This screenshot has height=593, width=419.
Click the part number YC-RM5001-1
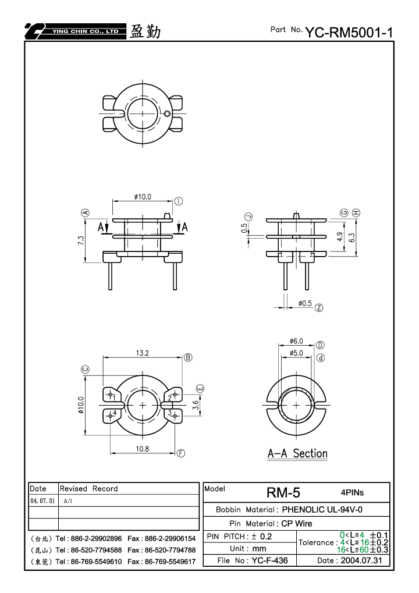pos(349,33)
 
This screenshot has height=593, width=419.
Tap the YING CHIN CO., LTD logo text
pos(86,31)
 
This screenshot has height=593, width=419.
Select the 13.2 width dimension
pos(143,353)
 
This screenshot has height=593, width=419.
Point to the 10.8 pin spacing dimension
pos(143,449)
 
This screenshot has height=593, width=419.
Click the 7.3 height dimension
pos(81,240)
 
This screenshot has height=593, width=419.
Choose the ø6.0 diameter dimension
pos(296,341)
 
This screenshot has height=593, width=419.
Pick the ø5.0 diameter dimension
pos(296,353)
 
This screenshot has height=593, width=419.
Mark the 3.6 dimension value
pos(196,405)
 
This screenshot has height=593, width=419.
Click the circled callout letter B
pos(188,357)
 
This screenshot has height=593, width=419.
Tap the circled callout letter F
pos(181,453)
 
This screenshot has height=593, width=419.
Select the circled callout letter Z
pos(319,308)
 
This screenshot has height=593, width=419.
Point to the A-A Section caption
pos(297,453)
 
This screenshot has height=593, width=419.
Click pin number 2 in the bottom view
pos(170,398)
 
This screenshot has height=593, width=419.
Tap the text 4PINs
pos(352,493)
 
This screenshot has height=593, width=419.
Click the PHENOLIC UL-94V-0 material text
pos(322,509)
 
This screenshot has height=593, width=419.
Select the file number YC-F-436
pos(269,560)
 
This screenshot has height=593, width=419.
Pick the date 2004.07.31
pos(361,560)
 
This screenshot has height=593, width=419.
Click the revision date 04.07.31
pos(42,501)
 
